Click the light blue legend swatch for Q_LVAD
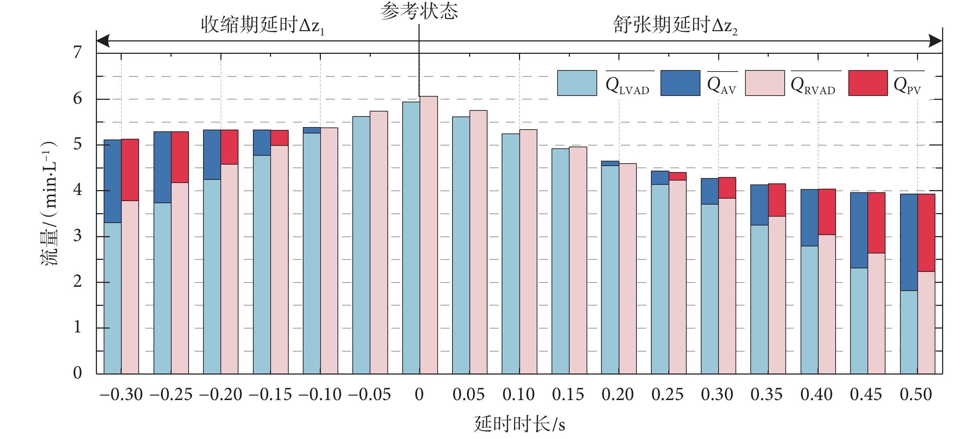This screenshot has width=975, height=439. point(577,83)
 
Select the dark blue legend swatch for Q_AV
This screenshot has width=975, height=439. point(680,83)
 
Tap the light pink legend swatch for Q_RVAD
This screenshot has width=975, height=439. point(765,83)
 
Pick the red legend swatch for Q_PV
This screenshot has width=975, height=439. point(868,83)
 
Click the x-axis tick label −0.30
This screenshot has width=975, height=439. point(121,395)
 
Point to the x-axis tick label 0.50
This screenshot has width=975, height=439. point(916,395)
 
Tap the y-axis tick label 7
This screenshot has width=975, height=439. point(77,52)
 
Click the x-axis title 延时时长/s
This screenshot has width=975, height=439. point(519,424)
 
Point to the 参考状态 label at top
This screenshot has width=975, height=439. point(419,11)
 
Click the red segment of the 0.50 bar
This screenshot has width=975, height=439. point(926,233)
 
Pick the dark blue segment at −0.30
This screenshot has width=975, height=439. point(112,181)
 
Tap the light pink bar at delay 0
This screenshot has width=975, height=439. point(428,235)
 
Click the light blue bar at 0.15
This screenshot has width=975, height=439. point(560,261)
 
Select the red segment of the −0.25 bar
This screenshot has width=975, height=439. point(180,157)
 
